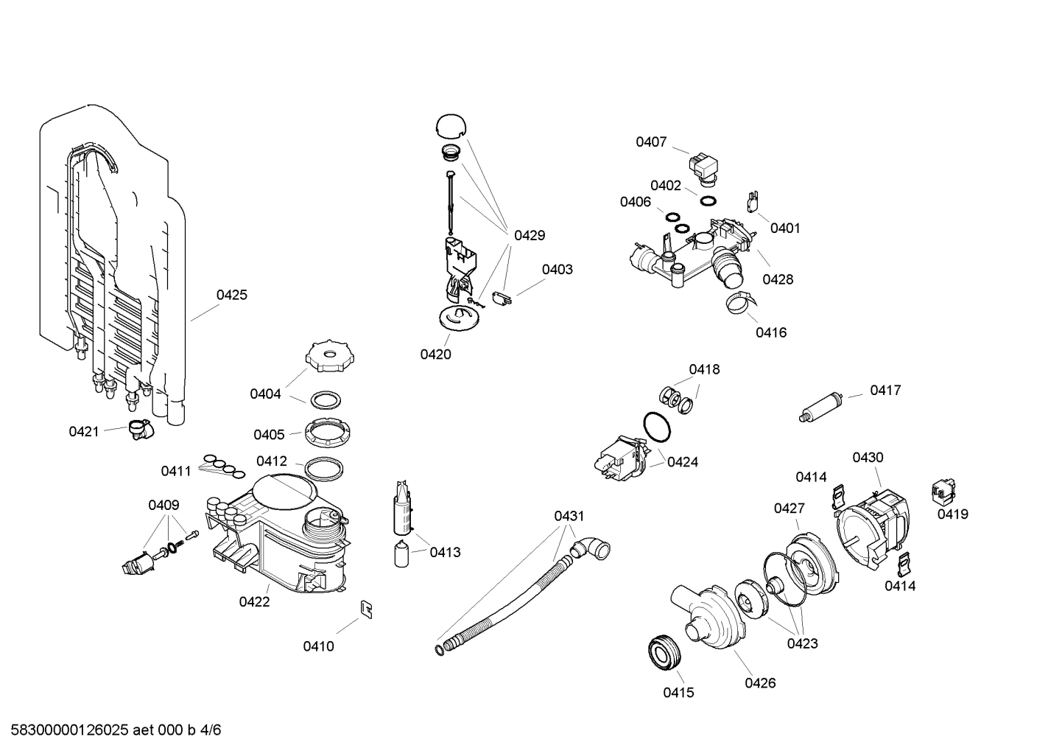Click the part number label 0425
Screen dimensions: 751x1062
pyautogui.click(x=231, y=295)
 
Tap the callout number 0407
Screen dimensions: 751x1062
pyautogui.click(x=651, y=142)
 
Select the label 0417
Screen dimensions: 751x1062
pyautogui.click(x=885, y=391)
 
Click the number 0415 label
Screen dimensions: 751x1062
pyautogui.click(x=678, y=693)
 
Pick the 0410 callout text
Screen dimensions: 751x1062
pyautogui.click(x=318, y=646)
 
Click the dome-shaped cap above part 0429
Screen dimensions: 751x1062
pyautogui.click(x=451, y=126)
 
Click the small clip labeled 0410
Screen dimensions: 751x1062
pyautogui.click(x=365, y=607)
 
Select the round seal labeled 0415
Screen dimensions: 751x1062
pyautogui.click(x=666, y=654)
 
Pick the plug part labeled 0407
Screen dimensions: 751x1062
pyautogui.click(x=703, y=166)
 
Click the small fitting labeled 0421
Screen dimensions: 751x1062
pyautogui.click(x=138, y=429)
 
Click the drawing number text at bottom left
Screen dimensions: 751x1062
pyautogui.click(x=111, y=730)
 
